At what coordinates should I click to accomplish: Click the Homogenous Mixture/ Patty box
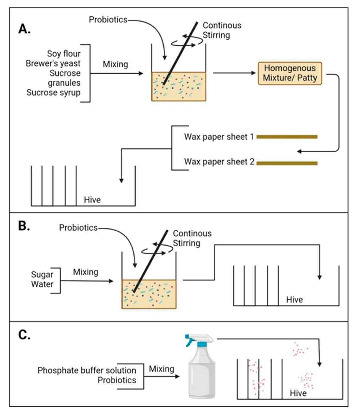[290, 73]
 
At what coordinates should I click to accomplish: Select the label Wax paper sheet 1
[219, 137]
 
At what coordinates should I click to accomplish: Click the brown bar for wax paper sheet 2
[287, 163]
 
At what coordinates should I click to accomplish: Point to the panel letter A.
[24, 29]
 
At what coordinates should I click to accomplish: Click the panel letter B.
[24, 226]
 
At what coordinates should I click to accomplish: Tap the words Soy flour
[64, 54]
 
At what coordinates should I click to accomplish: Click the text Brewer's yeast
[53, 63]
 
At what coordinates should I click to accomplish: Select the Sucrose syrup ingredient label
[54, 93]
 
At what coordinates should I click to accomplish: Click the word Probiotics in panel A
[108, 20]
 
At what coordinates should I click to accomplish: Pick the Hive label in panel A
[92, 200]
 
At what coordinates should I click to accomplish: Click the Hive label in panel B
[295, 300]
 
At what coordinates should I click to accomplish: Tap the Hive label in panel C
[298, 393]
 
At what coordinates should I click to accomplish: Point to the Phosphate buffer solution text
[87, 370]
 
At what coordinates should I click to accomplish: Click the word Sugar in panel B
[42, 275]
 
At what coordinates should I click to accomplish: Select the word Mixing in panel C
[162, 369]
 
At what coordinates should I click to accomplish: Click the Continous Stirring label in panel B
[192, 238]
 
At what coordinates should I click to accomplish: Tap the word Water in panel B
[42, 284]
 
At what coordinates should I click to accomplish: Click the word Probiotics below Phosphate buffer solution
[117, 380]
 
